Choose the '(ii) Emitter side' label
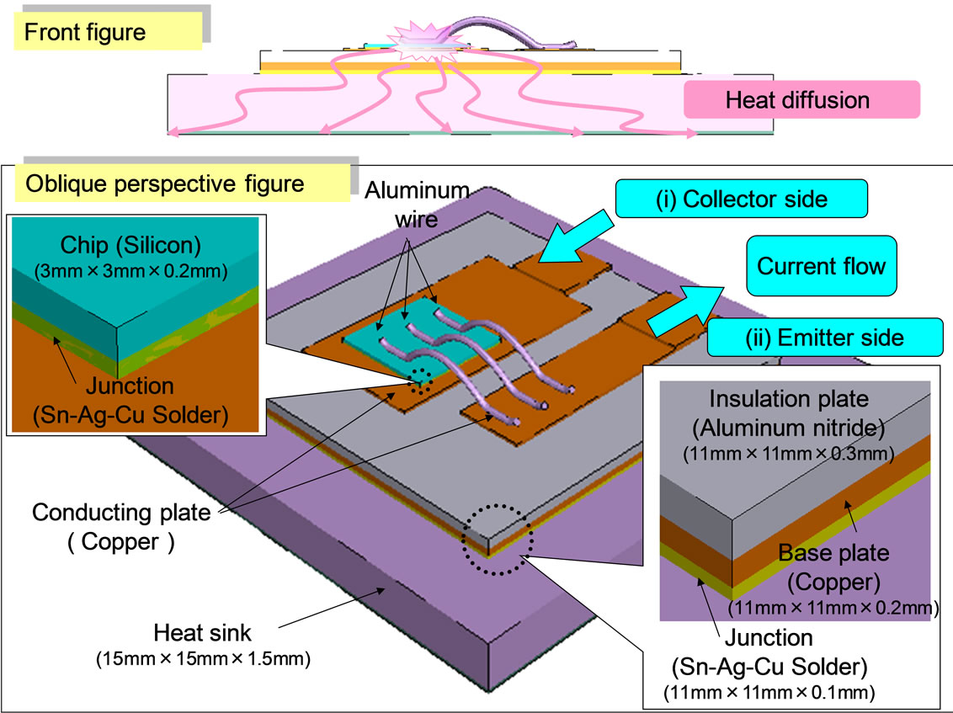point(826,338)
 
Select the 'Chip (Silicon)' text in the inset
point(125,245)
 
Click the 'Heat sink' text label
point(202,631)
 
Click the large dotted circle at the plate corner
point(496,540)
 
